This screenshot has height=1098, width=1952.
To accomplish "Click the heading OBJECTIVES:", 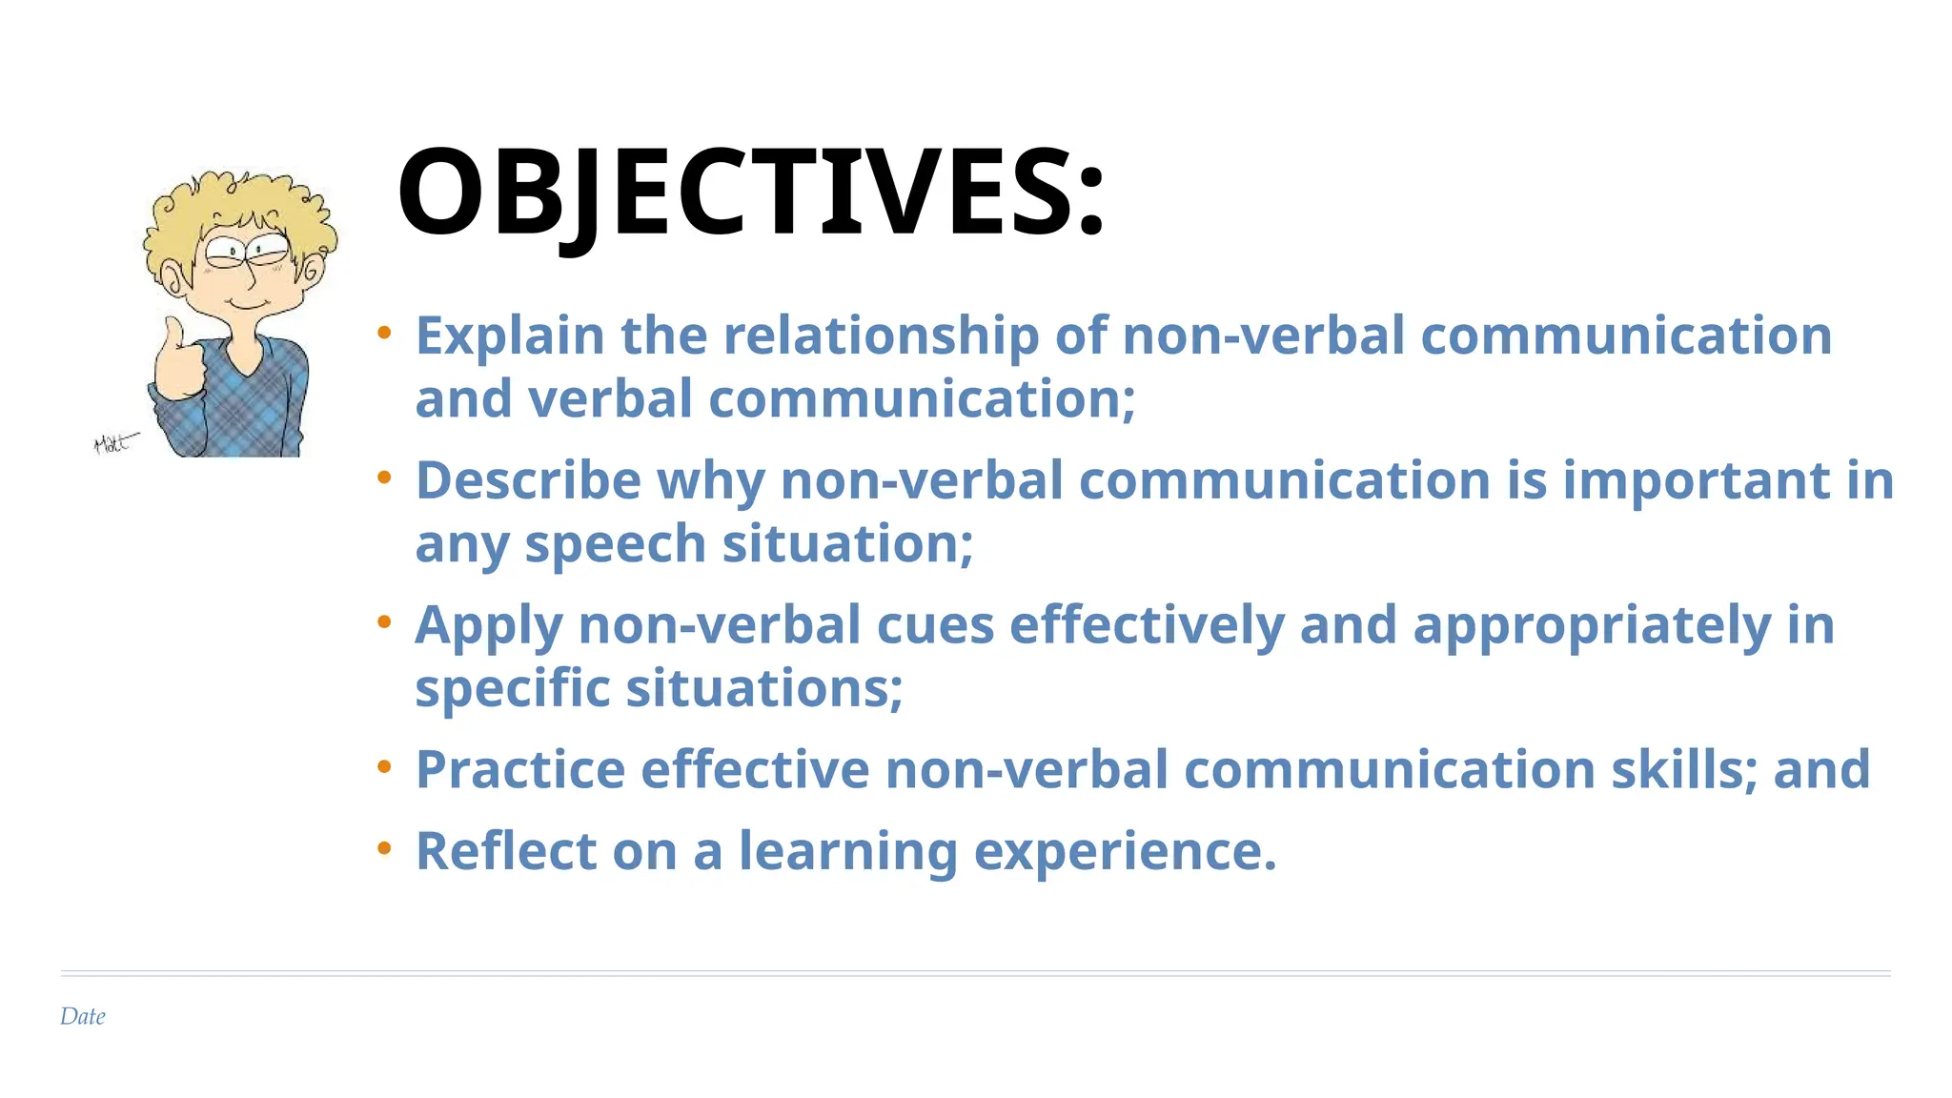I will coord(750,193).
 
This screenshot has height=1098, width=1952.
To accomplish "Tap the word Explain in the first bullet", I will coord(510,336).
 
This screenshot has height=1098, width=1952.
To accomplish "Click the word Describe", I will coord(528,480).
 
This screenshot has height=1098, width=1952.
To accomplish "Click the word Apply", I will coord(488,627).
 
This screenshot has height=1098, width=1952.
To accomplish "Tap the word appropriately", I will coord(1592,627).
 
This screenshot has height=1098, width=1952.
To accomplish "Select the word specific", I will coord(512,689).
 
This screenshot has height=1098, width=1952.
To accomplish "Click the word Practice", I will coord(520,770).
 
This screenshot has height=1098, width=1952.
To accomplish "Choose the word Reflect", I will coord(505,851).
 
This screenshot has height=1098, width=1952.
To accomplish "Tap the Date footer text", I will coord(83,1016).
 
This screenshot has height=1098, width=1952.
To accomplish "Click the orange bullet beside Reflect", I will coord(384,847).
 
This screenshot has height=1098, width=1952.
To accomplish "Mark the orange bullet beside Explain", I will coord(384,333).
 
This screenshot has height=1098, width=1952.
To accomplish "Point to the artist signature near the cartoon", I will coord(114,443).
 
